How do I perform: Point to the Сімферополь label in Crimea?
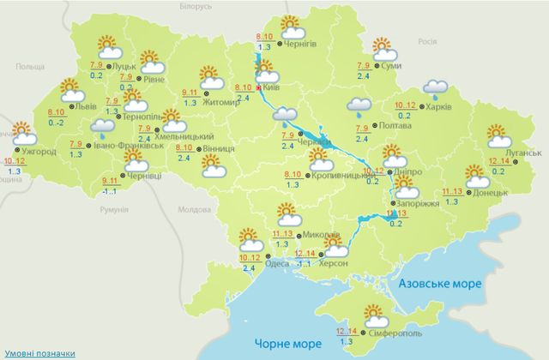tap(393, 333)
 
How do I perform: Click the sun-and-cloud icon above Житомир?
tap(210, 75)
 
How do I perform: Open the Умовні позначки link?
tap(37, 352)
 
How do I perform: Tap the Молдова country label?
tap(192, 209)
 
